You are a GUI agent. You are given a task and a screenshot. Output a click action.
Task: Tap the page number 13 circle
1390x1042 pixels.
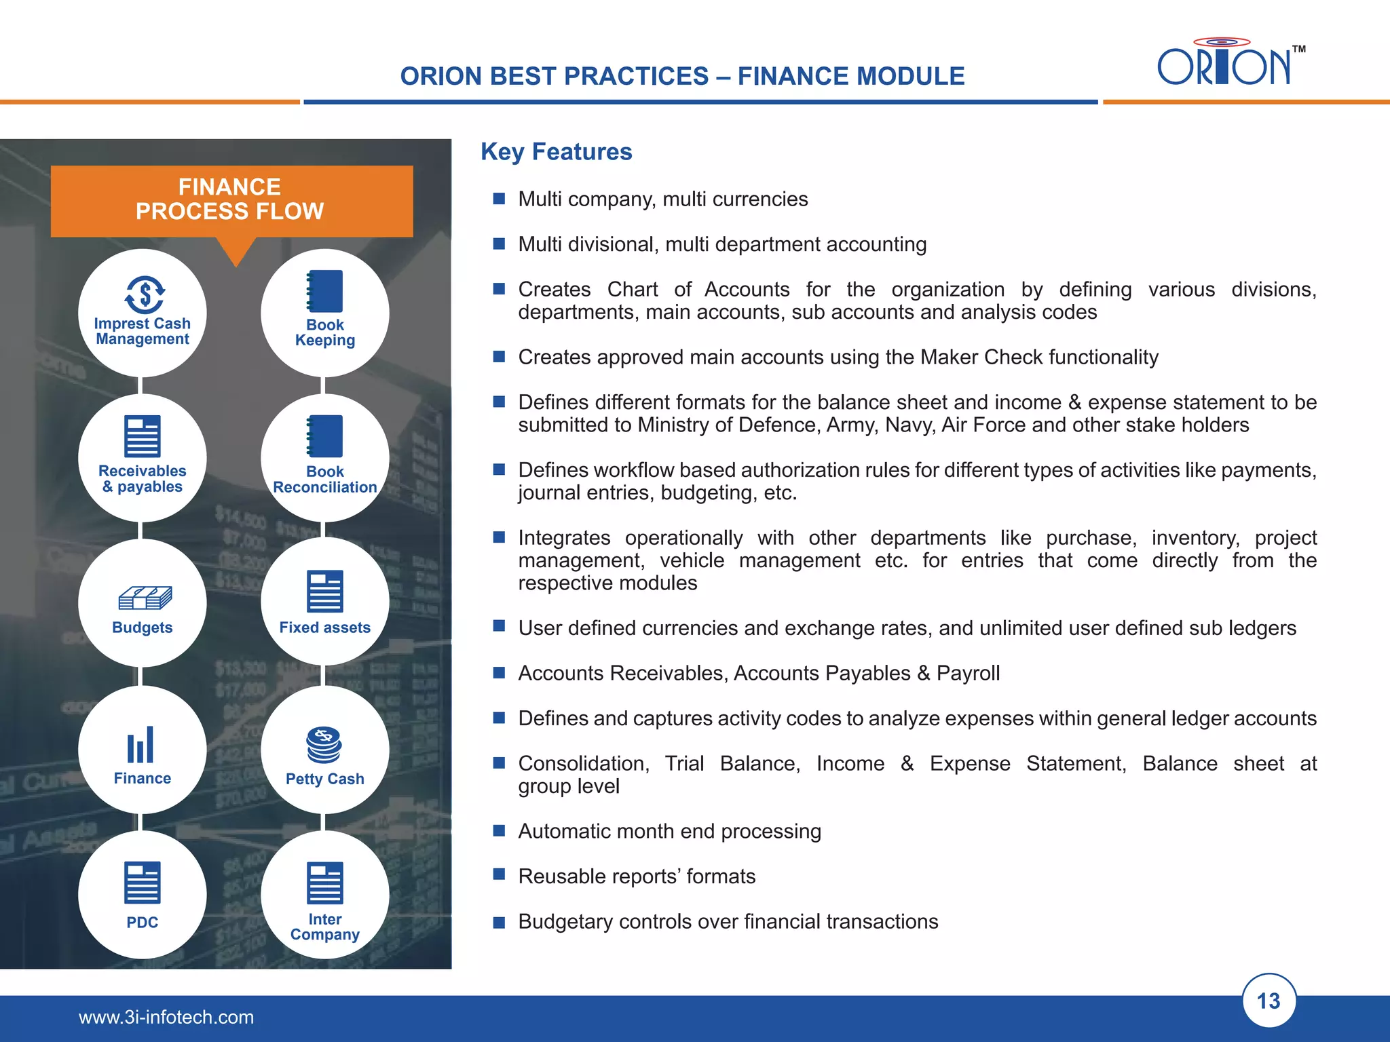click(x=1268, y=1001)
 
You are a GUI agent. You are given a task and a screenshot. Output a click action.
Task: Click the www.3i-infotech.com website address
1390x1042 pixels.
click(x=166, y=1017)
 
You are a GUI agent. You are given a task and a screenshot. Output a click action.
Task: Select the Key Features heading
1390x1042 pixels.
click(x=556, y=152)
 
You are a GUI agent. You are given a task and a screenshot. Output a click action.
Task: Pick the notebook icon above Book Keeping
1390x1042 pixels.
click(x=325, y=291)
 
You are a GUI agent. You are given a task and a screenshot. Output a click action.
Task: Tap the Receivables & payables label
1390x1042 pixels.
click(x=143, y=479)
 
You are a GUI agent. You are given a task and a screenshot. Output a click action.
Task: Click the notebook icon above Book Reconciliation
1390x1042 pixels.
click(x=325, y=436)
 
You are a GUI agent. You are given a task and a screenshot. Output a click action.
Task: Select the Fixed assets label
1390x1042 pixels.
click(x=324, y=628)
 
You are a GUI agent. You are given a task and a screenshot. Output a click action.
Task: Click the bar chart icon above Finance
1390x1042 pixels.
click(x=140, y=745)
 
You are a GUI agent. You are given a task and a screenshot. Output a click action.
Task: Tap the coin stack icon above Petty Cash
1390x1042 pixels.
click(x=324, y=745)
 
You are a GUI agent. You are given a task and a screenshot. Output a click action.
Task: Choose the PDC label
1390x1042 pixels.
click(x=143, y=923)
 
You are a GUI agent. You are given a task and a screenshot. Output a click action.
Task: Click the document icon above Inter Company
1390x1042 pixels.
click(x=325, y=883)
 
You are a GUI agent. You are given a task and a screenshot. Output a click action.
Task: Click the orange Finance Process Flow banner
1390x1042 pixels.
click(x=231, y=200)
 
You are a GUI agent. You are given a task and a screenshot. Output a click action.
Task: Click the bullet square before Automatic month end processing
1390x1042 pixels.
click(x=499, y=830)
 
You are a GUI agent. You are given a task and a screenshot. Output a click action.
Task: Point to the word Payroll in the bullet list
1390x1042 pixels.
click(x=968, y=673)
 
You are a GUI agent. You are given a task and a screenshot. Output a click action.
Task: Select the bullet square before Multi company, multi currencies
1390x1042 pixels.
click(x=499, y=199)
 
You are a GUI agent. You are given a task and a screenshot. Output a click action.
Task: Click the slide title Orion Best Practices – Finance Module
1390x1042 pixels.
click(x=682, y=76)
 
